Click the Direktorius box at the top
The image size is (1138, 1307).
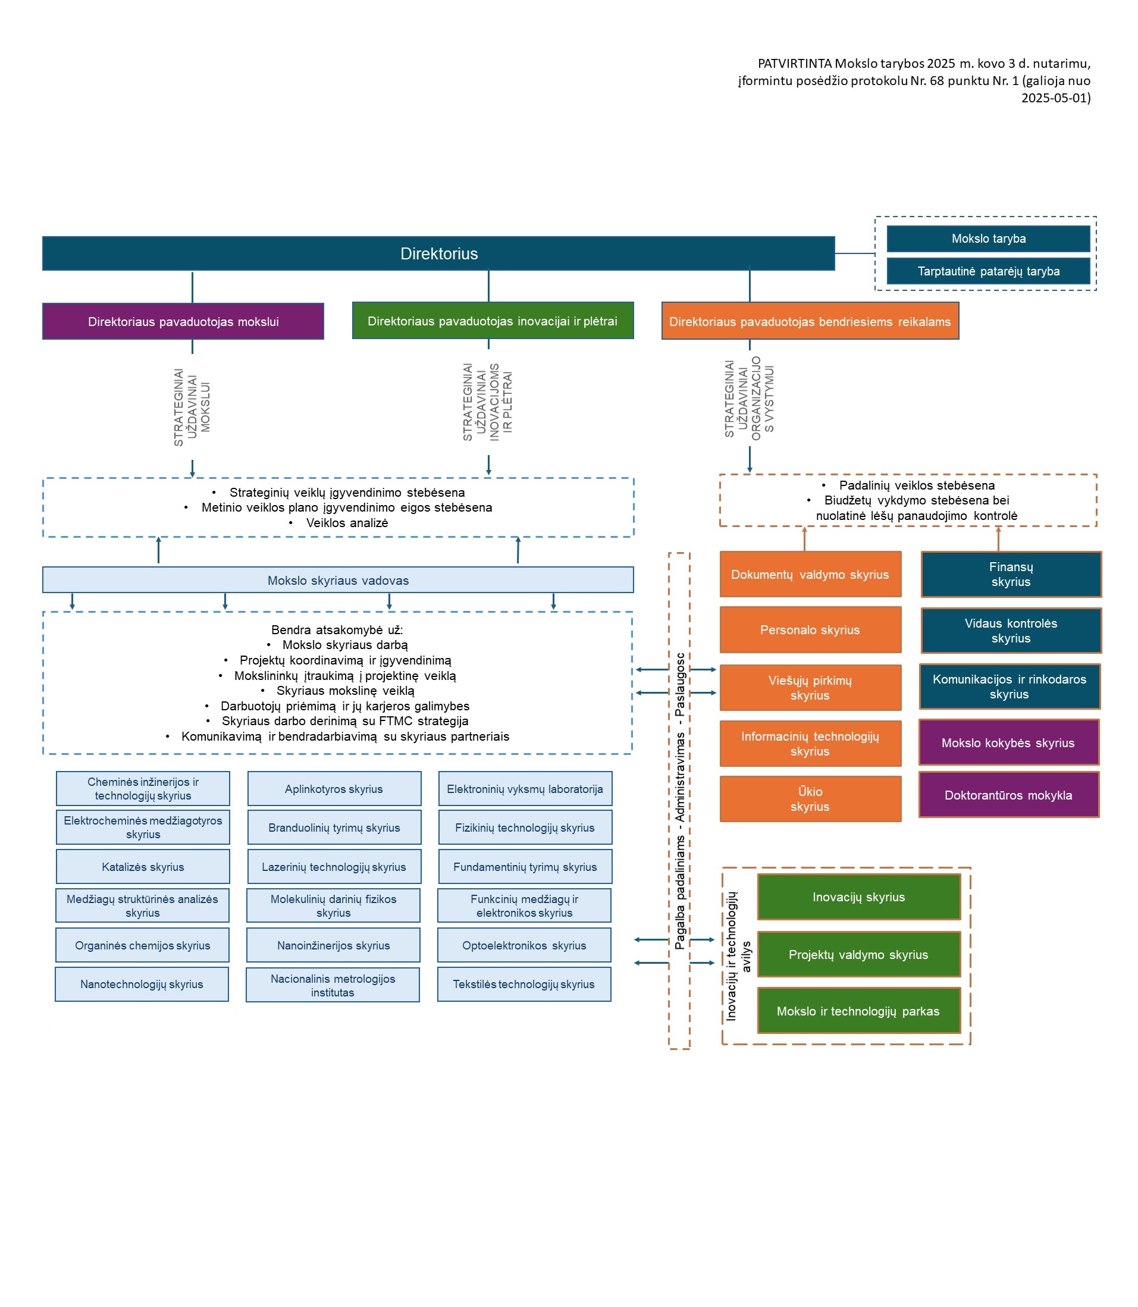click(438, 253)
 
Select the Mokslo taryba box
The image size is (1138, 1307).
click(988, 239)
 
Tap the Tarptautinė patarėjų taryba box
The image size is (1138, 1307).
click(988, 271)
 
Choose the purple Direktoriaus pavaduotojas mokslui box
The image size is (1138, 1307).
click(183, 321)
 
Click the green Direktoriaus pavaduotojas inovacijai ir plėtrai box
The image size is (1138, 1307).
click(493, 321)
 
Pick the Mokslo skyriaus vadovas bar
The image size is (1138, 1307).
click(338, 580)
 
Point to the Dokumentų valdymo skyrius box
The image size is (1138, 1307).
click(810, 574)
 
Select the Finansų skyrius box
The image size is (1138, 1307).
click(1011, 574)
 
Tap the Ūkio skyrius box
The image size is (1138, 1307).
click(810, 798)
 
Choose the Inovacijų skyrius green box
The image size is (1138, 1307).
click(858, 897)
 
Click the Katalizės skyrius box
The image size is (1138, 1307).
click(143, 866)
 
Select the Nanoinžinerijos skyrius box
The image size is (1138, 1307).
click(333, 945)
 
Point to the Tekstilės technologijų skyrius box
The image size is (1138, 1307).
click(524, 984)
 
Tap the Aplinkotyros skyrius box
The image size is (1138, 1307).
click(334, 789)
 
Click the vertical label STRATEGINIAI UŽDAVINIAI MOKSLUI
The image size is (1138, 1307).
click(192, 407)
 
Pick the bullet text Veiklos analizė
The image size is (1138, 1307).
click(347, 523)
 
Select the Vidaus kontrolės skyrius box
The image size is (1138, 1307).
click(1011, 631)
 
